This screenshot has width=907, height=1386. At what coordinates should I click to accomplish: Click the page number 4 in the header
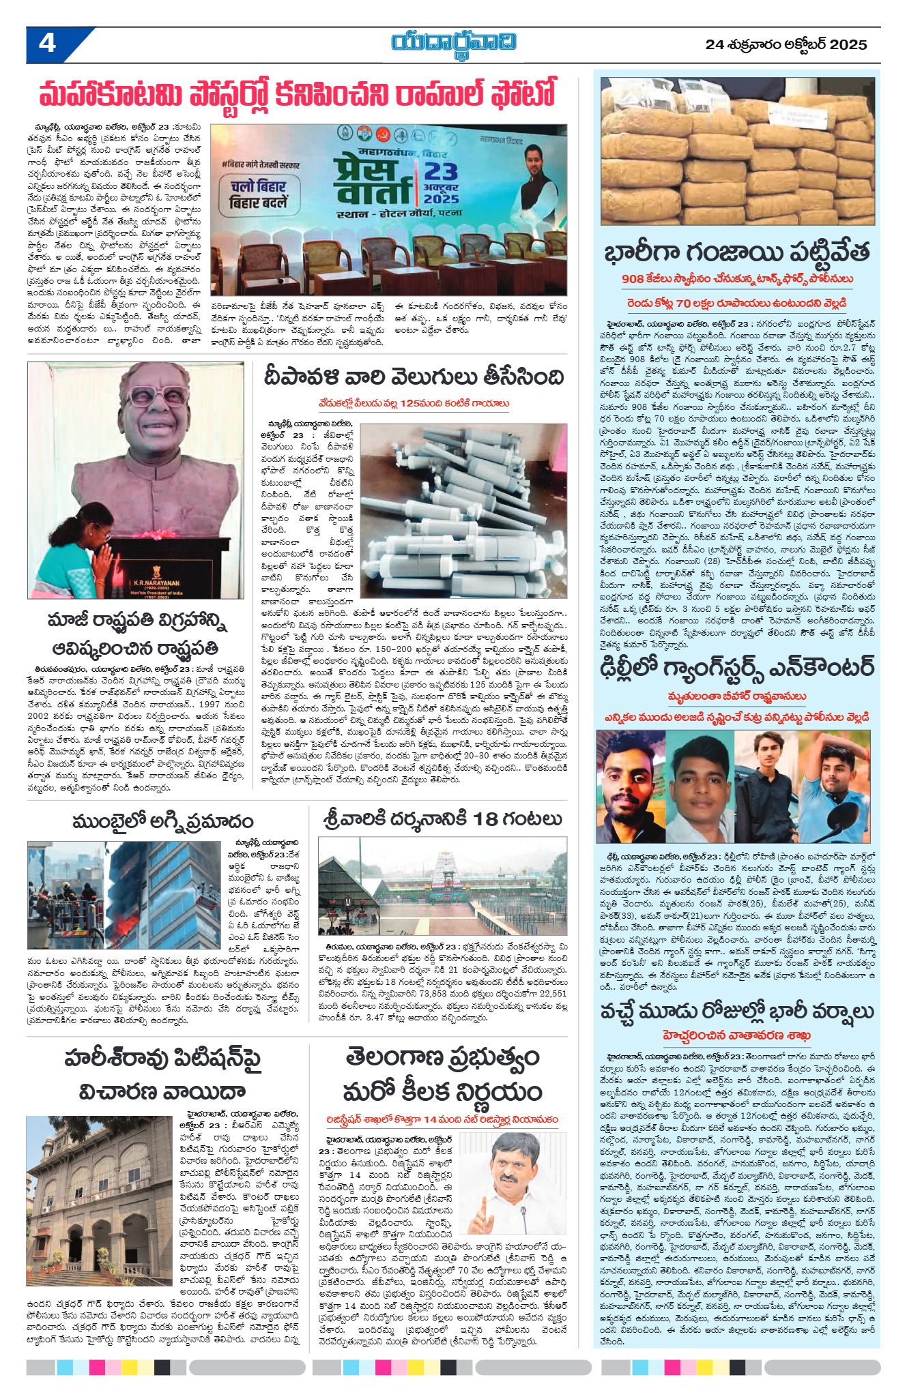(47, 44)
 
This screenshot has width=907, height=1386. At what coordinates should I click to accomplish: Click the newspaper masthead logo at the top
(453, 43)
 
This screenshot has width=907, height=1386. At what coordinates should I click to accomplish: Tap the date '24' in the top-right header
(714, 45)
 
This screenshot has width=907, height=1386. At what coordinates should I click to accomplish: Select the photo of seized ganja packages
(737, 151)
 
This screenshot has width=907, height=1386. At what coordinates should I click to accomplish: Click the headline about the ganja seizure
(737, 252)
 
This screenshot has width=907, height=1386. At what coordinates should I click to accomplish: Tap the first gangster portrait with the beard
(630, 784)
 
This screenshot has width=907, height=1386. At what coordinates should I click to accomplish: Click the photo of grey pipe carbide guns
(463, 501)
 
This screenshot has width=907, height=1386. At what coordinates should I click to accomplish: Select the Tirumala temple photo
(442, 886)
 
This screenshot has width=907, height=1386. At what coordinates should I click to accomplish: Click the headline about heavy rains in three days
(737, 1011)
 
